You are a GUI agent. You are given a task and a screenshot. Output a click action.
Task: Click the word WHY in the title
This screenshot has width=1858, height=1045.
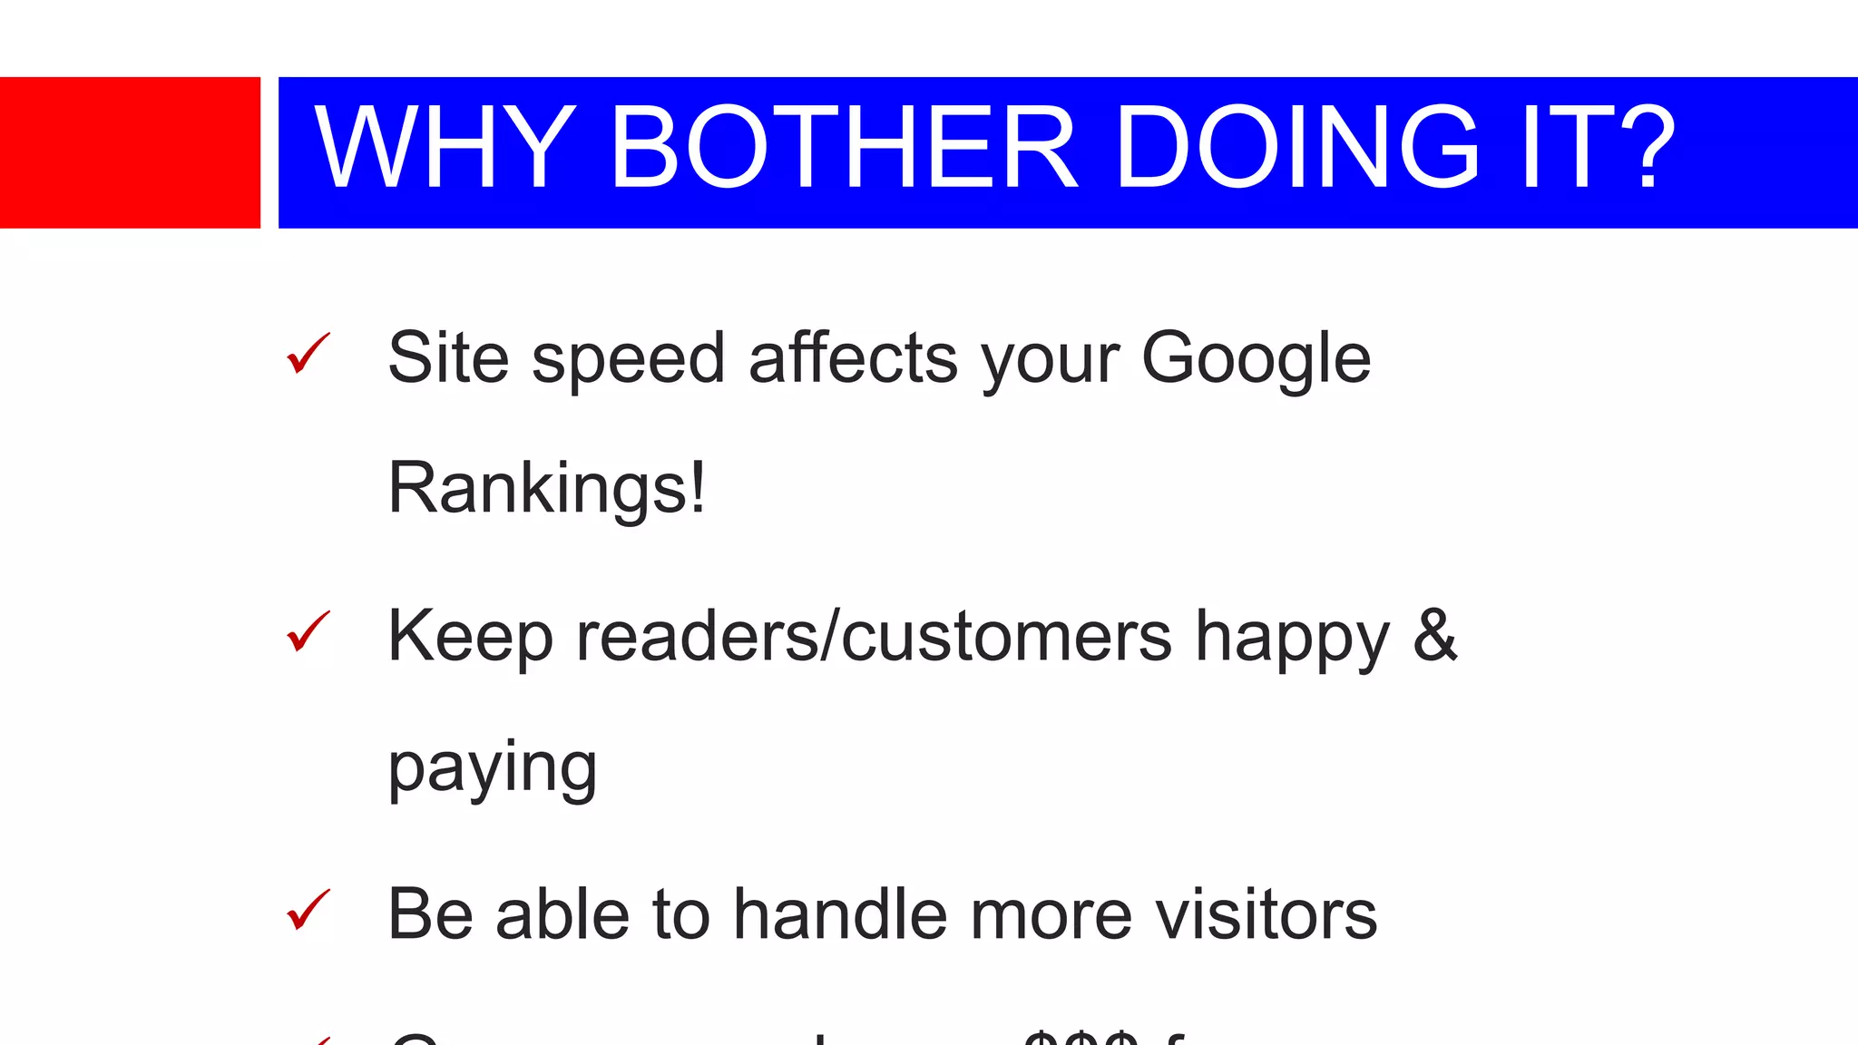(445, 148)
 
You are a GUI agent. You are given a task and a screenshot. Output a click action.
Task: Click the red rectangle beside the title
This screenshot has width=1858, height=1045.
(130, 152)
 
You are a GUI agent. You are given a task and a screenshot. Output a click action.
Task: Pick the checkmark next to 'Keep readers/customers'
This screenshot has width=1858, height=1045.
(308, 632)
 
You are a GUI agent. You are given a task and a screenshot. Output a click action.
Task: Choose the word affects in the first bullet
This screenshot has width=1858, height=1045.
(853, 358)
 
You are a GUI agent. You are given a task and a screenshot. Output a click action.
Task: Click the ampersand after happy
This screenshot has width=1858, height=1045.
(1434, 636)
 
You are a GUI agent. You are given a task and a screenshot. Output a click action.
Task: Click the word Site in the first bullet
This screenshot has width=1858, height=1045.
(448, 358)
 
